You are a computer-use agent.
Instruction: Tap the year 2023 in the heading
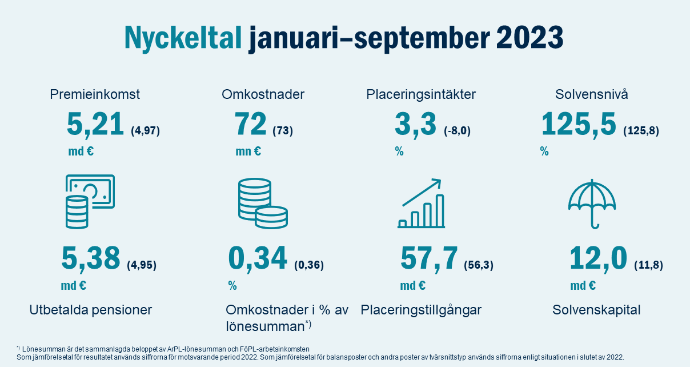point(529,38)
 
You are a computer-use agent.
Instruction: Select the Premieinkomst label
point(95,94)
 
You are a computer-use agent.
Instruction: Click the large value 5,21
point(95,125)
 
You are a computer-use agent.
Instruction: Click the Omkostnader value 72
point(250,125)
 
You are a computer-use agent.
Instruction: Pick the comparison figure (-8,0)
point(457,131)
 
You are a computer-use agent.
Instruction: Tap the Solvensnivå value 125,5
point(579,125)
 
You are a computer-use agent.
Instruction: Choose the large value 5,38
point(90,258)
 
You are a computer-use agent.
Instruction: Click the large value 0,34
point(258,258)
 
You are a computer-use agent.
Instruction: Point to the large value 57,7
point(429,258)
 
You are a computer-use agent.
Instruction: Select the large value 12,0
point(598,258)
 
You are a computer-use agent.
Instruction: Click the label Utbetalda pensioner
point(91,310)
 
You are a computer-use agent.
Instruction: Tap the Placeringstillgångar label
point(422,310)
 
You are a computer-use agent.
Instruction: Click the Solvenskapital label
point(596,310)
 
